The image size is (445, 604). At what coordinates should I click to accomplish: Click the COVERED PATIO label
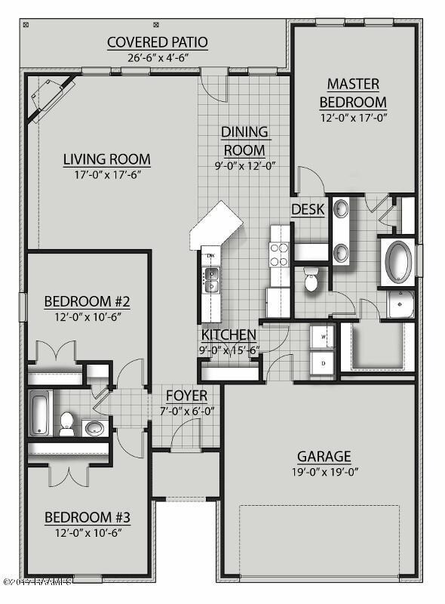click(x=157, y=42)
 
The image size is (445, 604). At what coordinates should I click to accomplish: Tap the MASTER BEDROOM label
click(x=352, y=93)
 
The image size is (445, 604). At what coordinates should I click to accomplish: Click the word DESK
click(x=307, y=209)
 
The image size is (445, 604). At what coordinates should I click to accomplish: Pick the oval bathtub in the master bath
click(x=399, y=261)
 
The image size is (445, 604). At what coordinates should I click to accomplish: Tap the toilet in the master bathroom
click(x=311, y=279)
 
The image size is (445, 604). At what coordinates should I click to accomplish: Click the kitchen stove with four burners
click(x=279, y=254)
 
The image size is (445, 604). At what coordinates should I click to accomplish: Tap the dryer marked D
click(x=324, y=363)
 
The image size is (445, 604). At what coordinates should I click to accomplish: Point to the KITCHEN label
click(x=228, y=334)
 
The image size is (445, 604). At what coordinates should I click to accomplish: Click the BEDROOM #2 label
click(x=87, y=302)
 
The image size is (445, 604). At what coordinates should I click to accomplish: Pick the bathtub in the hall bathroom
click(x=39, y=413)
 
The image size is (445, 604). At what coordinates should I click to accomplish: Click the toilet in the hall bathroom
click(x=66, y=423)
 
